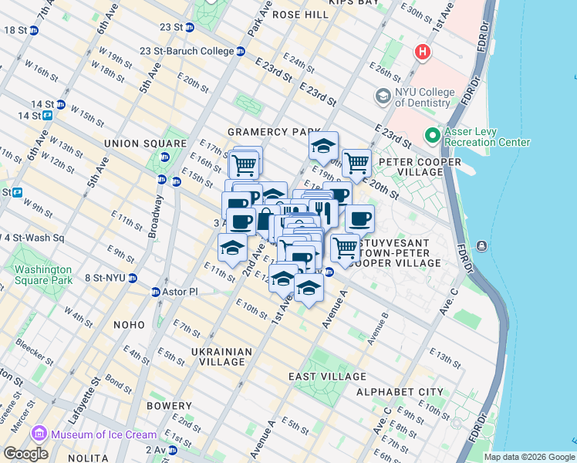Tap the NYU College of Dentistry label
coord(423,97)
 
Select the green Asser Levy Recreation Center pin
coord(432,136)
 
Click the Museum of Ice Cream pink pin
coord(40,434)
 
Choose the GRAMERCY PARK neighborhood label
coord(268,132)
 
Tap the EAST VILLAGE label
coord(327,377)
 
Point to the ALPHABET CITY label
coord(400,392)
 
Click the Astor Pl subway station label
coord(181,292)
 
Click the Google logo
coord(25,454)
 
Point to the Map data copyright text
coord(529,457)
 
